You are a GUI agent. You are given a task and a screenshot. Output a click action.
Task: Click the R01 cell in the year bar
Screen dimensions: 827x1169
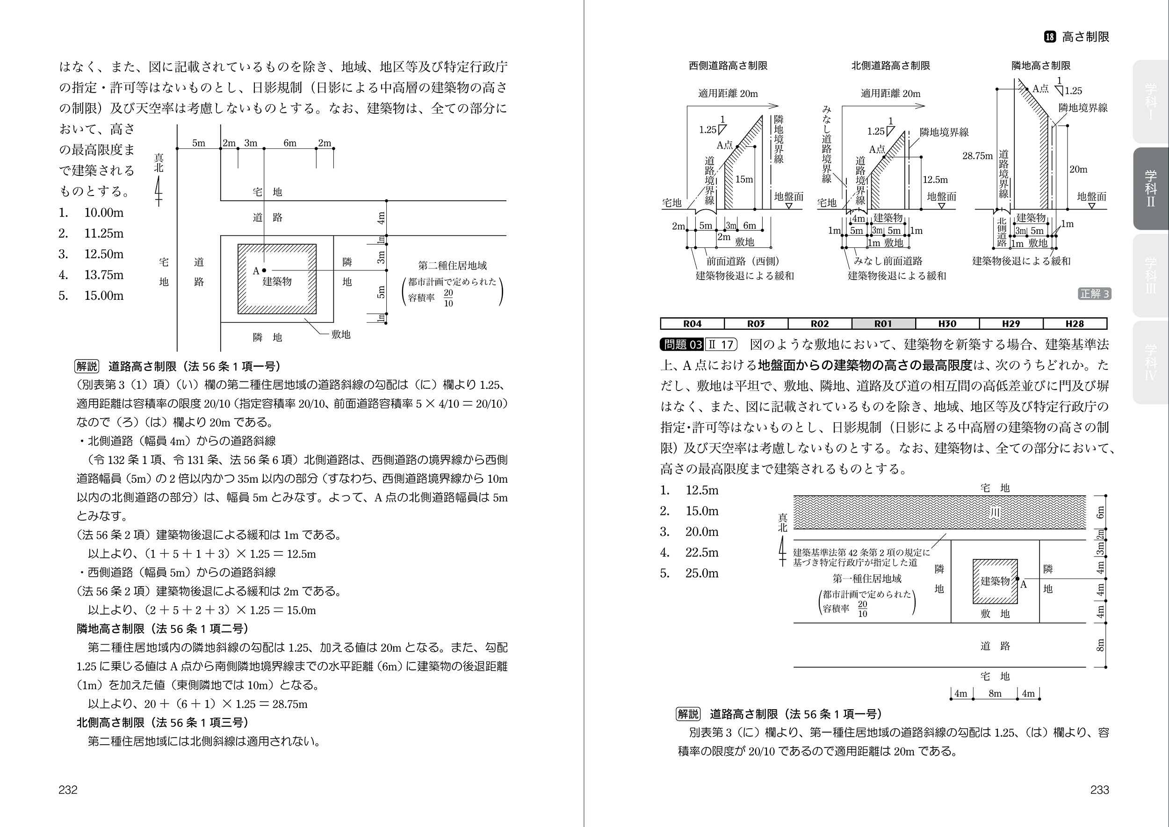pos(883,323)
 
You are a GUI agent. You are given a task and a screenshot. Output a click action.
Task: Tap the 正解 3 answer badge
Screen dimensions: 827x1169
pos(1094,294)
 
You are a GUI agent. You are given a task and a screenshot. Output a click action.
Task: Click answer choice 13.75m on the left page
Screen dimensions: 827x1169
pos(103,275)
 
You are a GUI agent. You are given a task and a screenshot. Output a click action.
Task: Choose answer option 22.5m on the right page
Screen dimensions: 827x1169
pos(701,552)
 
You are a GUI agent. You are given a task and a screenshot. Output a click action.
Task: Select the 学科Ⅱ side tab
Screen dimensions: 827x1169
pos(1150,189)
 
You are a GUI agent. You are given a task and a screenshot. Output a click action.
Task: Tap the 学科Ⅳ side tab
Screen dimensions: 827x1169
pos(1150,363)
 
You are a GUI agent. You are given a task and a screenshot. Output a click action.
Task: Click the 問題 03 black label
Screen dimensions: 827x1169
pos(682,345)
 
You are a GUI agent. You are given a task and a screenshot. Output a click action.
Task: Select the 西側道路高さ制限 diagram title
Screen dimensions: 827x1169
pos(728,65)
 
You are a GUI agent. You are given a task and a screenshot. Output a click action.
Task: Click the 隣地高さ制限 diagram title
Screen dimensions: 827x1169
pos(1041,65)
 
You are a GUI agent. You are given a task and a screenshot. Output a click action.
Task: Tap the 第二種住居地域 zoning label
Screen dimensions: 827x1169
pos(452,266)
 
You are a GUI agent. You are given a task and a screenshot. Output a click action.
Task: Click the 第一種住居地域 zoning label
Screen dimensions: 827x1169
pos(866,579)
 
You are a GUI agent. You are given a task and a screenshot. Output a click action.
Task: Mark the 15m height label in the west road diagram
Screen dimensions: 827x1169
pos(744,179)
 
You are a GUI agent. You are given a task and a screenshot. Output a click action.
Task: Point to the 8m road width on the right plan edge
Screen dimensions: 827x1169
pos(1100,645)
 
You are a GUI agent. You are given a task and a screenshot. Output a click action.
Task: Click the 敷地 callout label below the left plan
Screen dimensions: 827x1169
pos(340,334)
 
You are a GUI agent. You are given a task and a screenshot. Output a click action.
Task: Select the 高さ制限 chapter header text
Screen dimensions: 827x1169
pos(1085,36)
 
